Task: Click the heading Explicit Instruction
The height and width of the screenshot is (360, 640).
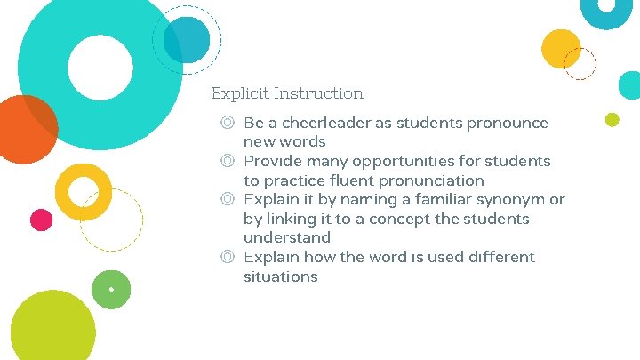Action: tap(287, 93)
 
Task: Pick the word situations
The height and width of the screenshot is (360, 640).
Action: tap(280, 276)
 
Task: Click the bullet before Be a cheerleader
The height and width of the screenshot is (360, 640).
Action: tap(228, 123)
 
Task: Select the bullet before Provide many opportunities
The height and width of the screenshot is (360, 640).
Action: tap(228, 161)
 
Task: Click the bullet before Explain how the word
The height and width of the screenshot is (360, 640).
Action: tap(228, 257)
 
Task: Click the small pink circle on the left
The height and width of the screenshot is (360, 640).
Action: tap(41, 220)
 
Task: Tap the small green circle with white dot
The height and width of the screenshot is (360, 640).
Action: tap(111, 289)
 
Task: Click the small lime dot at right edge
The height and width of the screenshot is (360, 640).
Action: tap(612, 119)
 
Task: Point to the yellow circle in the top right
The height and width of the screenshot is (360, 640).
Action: tap(561, 48)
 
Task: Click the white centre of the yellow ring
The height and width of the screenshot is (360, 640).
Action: tap(84, 191)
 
